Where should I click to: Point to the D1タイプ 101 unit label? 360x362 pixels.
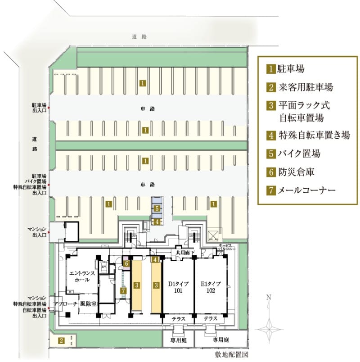pos(179,287)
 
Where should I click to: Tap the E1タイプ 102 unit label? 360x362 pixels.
pos(210,287)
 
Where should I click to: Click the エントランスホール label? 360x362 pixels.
pos(81,276)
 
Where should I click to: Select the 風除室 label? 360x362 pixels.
pos(88,304)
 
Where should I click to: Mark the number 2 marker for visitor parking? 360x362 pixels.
pos(62,340)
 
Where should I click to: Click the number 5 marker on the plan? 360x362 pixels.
pos(156,208)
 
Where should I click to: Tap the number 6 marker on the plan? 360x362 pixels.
pos(127,263)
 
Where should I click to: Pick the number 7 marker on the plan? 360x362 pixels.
pos(124,291)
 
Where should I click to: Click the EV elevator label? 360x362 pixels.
pos(104,267)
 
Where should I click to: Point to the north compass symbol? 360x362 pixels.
pos(269,322)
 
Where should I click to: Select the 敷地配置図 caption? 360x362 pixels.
pos(232,354)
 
